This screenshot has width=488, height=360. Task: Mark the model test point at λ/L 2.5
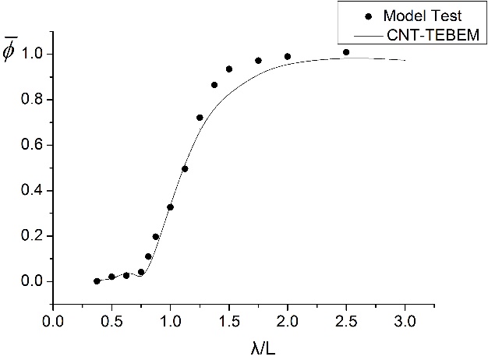(346, 52)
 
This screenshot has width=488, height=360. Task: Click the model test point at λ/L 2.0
(288, 56)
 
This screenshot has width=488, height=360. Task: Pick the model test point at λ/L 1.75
(258, 60)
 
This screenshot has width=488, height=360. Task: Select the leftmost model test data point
(97, 281)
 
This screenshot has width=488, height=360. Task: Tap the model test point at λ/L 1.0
(170, 207)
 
